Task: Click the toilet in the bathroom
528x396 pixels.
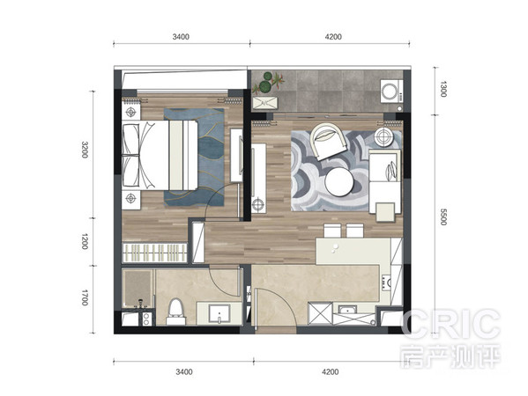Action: [x=175, y=312]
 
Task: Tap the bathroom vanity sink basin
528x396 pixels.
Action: [x=219, y=313]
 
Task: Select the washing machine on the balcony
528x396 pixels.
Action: [x=391, y=91]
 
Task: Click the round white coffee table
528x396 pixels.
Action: [x=339, y=182]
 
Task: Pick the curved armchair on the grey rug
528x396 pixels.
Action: [x=328, y=141]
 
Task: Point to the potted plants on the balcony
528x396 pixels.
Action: [x=269, y=83]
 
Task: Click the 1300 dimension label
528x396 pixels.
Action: [x=443, y=89]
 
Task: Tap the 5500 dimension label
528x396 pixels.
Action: [x=443, y=216]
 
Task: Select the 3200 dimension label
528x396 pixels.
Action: [x=85, y=150]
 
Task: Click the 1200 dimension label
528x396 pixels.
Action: [x=85, y=241]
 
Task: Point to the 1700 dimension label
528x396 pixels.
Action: [x=85, y=297]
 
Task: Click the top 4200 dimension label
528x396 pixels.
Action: [x=333, y=37]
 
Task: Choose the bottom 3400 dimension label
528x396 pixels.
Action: [x=184, y=371]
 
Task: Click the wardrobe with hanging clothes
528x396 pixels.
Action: [x=154, y=253]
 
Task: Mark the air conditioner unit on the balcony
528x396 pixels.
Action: [x=265, y=103]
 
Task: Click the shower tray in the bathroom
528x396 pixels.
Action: [x=138, y=289]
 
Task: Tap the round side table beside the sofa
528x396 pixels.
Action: [x=383, y=136]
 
